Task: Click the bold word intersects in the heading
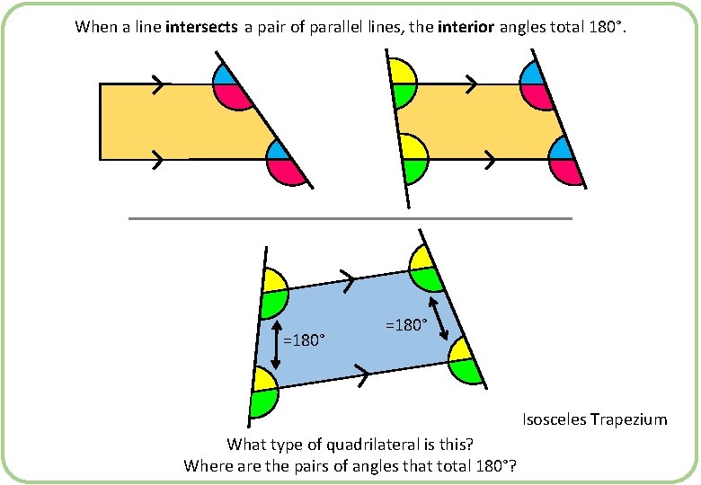[x=202, y=27]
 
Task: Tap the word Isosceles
[x=555, y=419]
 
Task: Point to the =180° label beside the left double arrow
[x=304, y=340]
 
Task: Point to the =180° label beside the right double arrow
[x=405, y=324]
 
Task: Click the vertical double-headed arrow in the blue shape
[x=275, y=345]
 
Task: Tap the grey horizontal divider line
[x=350, y=218]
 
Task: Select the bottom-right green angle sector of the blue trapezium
[x=466, y=368]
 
